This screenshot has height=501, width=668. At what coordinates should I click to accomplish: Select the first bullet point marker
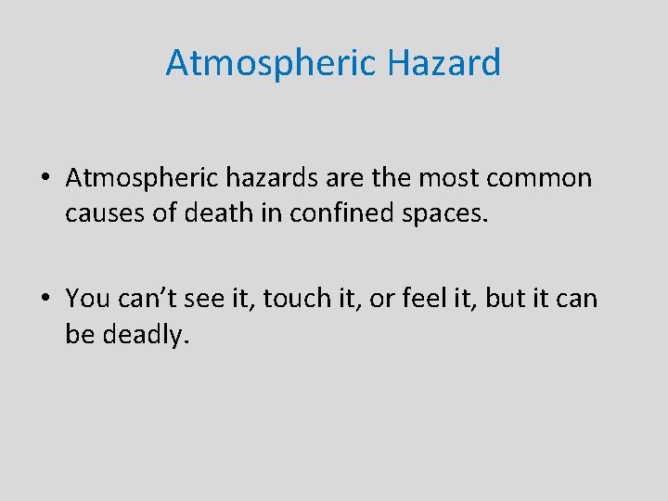45,178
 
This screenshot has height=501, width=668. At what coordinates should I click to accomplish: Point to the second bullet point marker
45,299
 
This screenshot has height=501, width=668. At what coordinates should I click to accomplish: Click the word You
87,298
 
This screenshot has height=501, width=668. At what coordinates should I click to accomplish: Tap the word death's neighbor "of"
169,212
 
